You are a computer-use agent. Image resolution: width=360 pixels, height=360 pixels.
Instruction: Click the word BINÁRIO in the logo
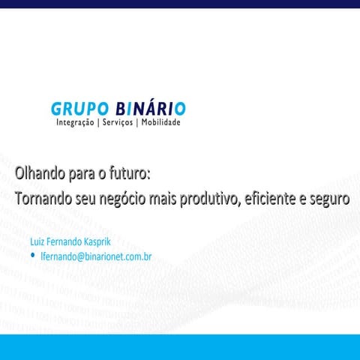(x=151, y=108)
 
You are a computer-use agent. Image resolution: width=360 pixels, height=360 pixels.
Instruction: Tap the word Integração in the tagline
(x=75, y=123)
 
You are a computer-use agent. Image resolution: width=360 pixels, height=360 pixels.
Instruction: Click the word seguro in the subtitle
(x=332, y=200)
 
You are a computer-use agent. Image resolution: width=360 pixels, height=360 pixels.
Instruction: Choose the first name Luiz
(x=36, y=242)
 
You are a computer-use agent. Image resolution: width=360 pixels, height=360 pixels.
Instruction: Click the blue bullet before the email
(x=33, y=256)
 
